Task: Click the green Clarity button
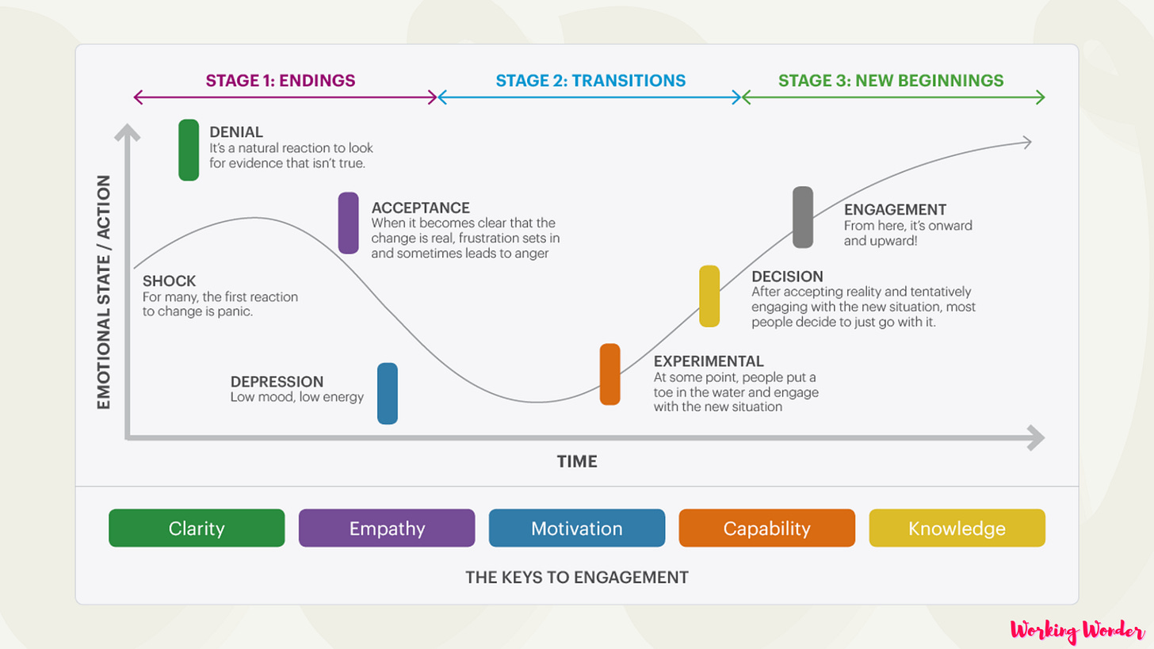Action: [x=197, y=529]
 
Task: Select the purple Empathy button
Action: [x=387, y=529]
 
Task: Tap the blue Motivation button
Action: [x=577, y=529]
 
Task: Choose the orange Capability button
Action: [x=767, y=529]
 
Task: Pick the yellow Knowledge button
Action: [x=957, y=529]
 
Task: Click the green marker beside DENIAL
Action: [x=189, y=150]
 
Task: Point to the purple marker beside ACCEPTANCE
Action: [x=348, y=223]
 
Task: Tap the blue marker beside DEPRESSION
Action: [x=388, y=393]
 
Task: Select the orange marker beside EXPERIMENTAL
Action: [x=609, y=374]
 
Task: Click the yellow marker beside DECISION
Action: [x=709, y=296]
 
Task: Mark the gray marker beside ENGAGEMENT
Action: [x=803, y=217]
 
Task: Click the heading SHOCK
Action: [x=169, y=281]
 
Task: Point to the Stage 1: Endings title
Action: [x=281, y=80]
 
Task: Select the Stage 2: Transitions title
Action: [x=590, y=80]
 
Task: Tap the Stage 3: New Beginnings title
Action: [x=891, y=80]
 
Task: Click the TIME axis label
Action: [x=577, y=461]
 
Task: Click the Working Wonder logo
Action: [x=1077, y=632]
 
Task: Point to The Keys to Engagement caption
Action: [x=577, y=577]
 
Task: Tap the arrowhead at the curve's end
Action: [x=1027, y=142]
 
